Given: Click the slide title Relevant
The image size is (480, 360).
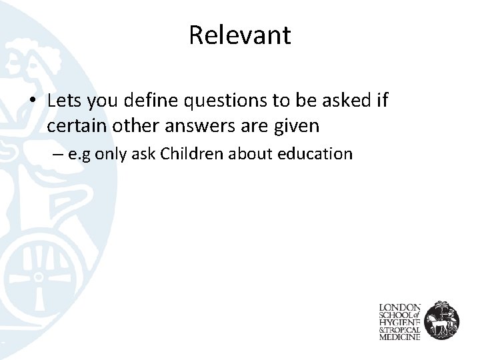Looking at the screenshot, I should (x=239, y=35).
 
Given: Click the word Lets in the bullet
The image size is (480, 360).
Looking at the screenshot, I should (x=63, y=101).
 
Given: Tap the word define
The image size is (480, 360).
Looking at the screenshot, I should (x=149, y=101).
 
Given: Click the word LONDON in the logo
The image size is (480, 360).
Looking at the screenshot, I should (x=399, y=307).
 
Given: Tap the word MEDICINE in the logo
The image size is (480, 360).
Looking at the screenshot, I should (x=399, y=337).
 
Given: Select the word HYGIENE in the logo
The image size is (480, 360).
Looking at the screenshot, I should (x=399, y=323).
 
